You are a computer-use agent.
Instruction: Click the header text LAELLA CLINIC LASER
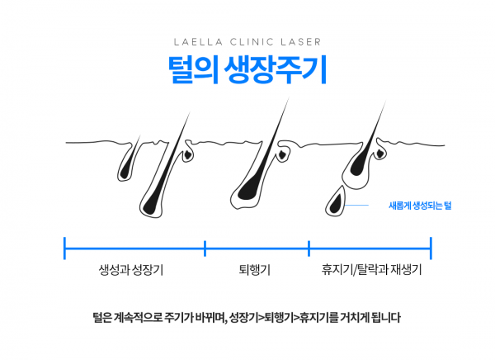(247, 42)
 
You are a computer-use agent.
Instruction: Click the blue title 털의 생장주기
(247, 70)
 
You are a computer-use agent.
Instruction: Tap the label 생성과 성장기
(131, 270)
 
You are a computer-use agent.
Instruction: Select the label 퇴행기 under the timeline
(254, 270)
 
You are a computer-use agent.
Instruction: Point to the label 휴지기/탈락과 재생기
(371, 270)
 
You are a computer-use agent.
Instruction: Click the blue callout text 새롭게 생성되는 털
(420, 206)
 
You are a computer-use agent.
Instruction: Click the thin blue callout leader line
(356, 205)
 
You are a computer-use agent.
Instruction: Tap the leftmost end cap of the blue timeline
(64, 249)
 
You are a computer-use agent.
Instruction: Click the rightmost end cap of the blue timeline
(431, 249)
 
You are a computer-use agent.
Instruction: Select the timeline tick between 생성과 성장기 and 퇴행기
(205, 249)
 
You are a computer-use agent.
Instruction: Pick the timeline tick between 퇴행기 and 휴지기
(309, 249)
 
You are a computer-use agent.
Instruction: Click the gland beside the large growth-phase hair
(188, 154)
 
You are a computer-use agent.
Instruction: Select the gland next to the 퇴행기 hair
(282, 154)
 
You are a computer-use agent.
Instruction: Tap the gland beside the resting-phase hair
(380, 153)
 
